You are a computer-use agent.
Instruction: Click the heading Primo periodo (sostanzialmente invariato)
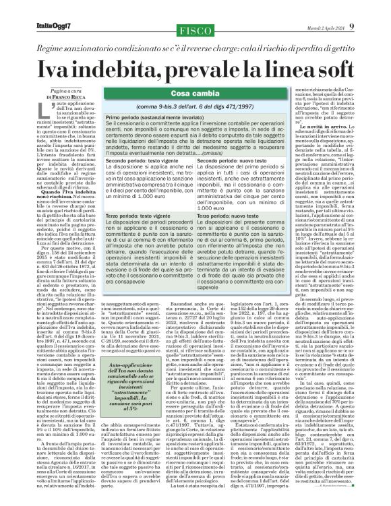coord(148,117)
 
